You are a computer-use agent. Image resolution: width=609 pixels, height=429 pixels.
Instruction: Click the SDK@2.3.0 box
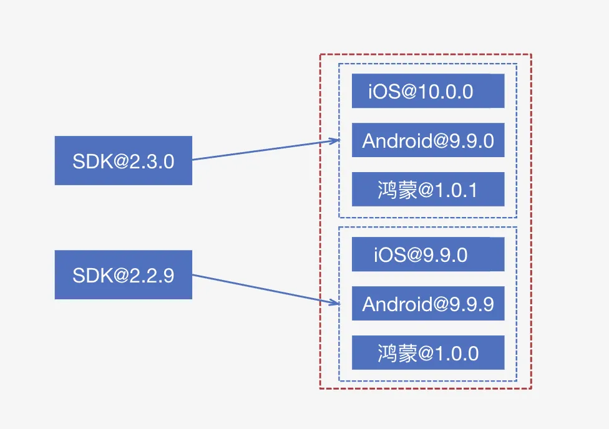point(123,161)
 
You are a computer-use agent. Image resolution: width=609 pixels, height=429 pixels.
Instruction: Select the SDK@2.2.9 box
point(123,275)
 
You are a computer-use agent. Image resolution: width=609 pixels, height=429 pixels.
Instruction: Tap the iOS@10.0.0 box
point(427,91)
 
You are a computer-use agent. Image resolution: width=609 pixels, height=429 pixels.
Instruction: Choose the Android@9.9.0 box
point(427,140)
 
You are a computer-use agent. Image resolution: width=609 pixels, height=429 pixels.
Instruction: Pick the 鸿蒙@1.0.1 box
point(427,189)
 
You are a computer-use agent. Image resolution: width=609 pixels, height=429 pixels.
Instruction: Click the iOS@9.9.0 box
point(427,254)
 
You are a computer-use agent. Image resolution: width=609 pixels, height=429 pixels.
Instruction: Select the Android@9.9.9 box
point(427,304)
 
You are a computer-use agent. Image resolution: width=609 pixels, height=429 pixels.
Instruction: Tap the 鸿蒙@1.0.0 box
point(427,353)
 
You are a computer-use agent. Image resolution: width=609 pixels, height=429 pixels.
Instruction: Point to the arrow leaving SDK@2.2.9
point(262,289)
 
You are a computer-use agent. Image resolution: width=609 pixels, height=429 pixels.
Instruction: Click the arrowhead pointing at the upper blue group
point(336,141)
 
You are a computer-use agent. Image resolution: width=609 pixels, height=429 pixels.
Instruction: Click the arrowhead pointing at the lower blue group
point(336,303)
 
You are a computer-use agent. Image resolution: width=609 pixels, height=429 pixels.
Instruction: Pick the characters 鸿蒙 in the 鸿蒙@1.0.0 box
point(396,354)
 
